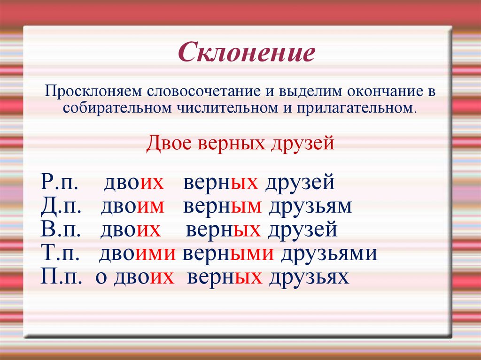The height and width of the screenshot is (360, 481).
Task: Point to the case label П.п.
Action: click(x=61, y=277)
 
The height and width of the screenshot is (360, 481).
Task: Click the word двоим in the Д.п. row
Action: click(x=132, y=207)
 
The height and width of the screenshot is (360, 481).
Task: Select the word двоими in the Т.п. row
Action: click(x=137, y=254)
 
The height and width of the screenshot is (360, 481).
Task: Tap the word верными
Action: click(x=228, y=254)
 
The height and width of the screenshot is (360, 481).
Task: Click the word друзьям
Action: click(x=310, y=207)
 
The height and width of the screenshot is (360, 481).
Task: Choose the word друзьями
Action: click(x=329, y=254)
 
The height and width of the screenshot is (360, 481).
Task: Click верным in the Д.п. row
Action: click(x=222, y=207)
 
